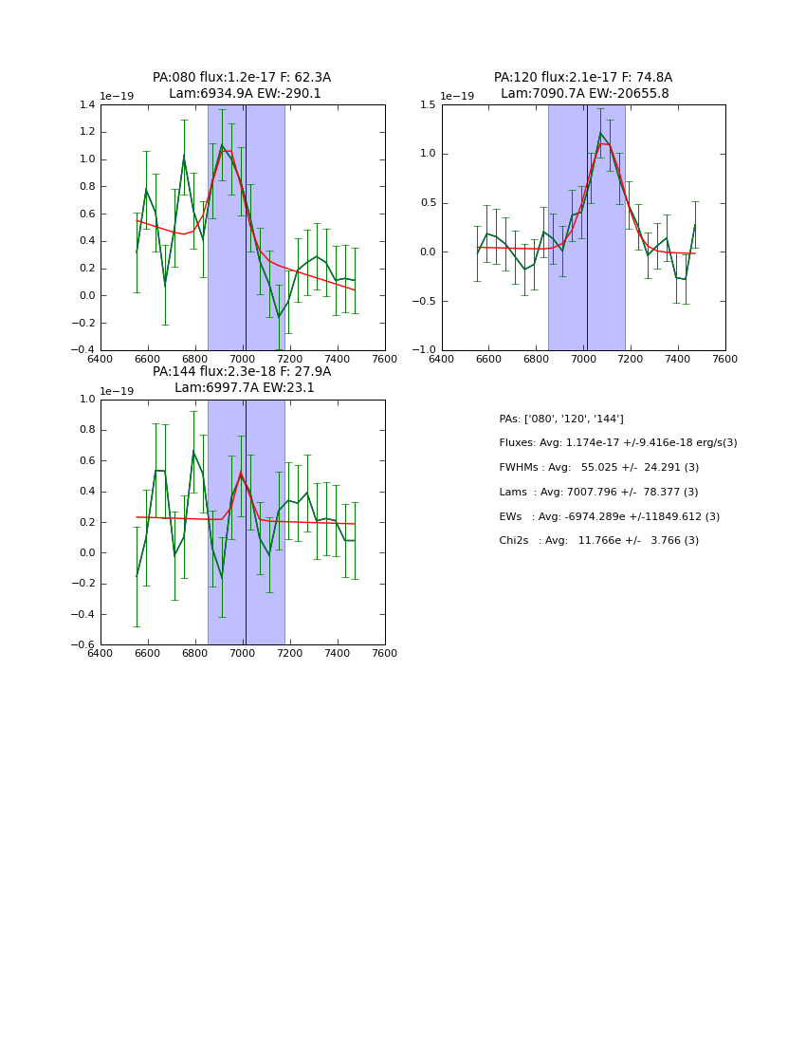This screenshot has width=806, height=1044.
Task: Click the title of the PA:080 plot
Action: (242, 85)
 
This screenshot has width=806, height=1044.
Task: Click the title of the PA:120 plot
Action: (583, 85)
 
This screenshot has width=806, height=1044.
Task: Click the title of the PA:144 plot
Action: (242, 380)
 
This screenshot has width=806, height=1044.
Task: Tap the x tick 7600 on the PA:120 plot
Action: (725, 359)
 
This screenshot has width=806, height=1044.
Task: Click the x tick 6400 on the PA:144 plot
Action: (101, 654)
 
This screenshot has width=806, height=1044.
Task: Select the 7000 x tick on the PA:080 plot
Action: (243, 359)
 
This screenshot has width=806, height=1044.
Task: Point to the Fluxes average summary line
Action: (617, 443)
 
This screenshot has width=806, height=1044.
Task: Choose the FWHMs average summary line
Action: (598, 467)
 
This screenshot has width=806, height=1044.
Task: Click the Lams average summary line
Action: (598, 492)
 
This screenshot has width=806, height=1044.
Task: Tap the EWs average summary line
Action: (609, 516)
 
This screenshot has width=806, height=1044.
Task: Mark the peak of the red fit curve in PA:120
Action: (604, 144)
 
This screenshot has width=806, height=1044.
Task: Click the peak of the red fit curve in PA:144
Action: (241, 474)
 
